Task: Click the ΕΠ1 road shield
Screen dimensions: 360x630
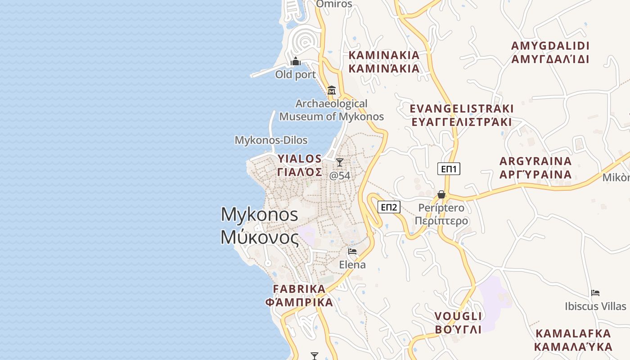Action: pos(449,169)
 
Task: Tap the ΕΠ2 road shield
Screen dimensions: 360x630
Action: pos(389,207)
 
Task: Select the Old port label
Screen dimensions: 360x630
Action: pos(296,75)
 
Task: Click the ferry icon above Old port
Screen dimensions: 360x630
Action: pos(296,61)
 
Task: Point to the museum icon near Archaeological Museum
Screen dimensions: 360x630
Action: pos(332,90)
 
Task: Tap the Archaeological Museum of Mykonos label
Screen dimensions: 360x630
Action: pos(332,110)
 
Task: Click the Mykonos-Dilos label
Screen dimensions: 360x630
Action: pos(271,140)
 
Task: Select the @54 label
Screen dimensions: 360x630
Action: pos(340,175)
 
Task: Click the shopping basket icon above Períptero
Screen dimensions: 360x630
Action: pos(441,194)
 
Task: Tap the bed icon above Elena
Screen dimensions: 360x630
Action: pos(352,252)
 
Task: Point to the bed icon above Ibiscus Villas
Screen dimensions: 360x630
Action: pos(595,293)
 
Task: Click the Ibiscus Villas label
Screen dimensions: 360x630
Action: pos(595,306)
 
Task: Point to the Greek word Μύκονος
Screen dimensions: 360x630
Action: pos(259,238)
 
